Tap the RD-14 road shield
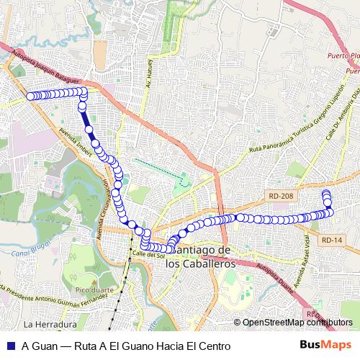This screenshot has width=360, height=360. tap(332, 240)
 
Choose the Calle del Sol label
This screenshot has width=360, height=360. tap(149, 254)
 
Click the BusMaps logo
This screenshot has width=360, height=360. tap(320, 345)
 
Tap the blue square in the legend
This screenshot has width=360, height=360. tap(9, 346)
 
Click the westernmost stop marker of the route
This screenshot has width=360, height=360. tap(30, 96)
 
